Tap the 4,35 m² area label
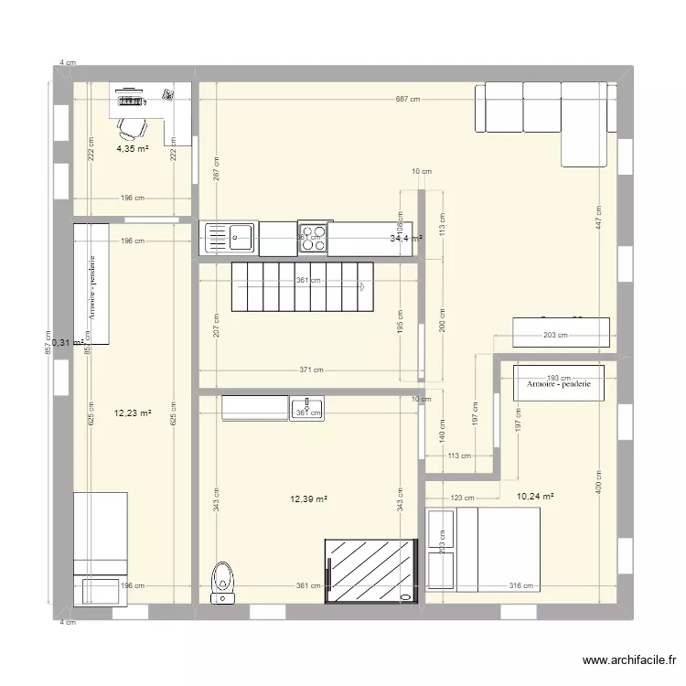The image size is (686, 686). (x=133, y=149)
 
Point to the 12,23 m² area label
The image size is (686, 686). (x=132, y=412)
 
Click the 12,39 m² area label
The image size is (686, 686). (x=308, y=499)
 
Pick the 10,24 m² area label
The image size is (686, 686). (x=535, y=497)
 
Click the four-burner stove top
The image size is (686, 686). (x=313, y=237)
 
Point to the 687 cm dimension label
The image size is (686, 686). (x=407, y=100)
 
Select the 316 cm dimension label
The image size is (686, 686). (x=520, y=586)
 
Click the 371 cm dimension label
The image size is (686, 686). (x=313, y=370)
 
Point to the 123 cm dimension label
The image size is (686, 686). (x=462, y=498)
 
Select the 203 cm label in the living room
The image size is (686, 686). (x=555, y=335)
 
